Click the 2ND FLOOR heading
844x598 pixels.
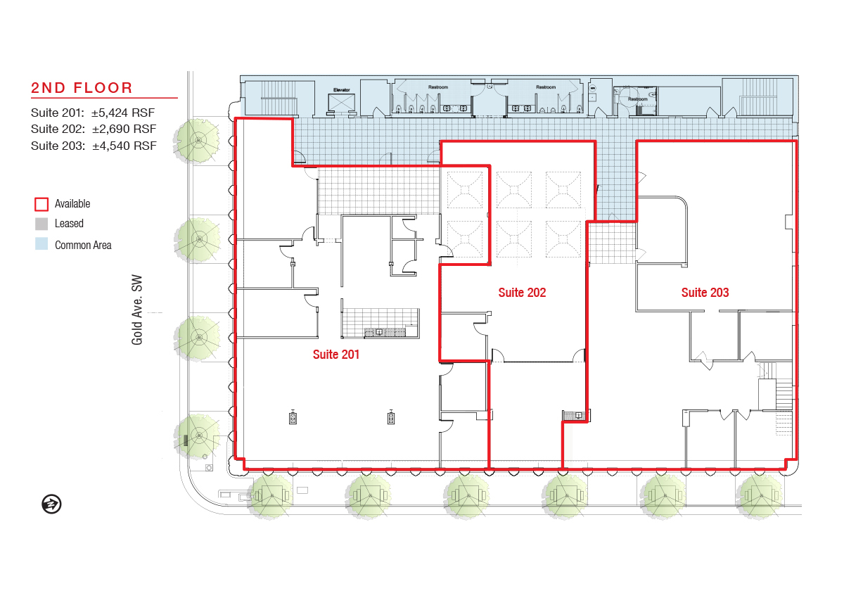(x=82, y=88)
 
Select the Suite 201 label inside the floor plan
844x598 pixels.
(x=336, y=355)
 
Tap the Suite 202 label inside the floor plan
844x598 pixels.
(x=522, y=293)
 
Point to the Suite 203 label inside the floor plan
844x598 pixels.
(x=705, y=293)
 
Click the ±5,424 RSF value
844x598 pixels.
(x=123, y=113)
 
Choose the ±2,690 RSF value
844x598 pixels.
(x=124, y=129)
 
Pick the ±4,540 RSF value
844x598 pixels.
(x=124, y=146)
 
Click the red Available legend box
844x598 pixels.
(x=41, y=204)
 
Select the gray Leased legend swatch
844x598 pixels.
(x=41, y=224)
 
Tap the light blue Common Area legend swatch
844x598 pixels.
(x=41, y=243)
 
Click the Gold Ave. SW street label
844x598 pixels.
(x=136, y=310)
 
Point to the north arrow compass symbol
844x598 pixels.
(x=51, y=504)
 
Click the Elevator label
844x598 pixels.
(x=341, y=89)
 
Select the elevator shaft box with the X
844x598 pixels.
(x=341, y=103)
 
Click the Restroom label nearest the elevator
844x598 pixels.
(x=437, y=87)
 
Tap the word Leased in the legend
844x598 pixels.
(x=69, y=224)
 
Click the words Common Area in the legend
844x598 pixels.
(x=83, y=245)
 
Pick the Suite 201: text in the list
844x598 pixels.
(x=58, y=113)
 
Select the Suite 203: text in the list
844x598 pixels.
(x=58, y=146)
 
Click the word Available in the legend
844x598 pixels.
(x=72, y=204)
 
